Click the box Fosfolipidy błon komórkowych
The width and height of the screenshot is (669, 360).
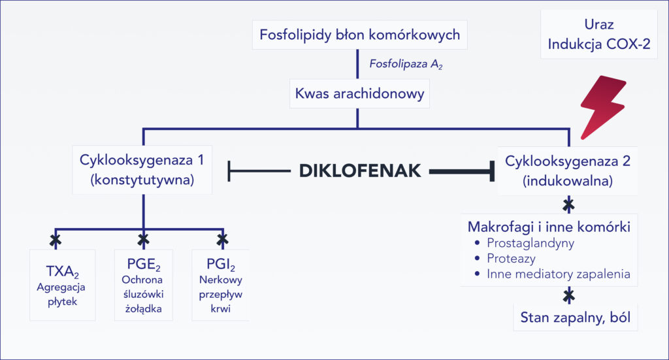pyautogui.click(x=359, y=35)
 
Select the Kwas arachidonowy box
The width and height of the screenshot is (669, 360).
pyautogui.click(x=359, y=94)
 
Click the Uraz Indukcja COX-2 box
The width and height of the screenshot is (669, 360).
pyautogui.click(x=599, y=35)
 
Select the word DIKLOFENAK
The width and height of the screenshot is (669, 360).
pyautogui.click(x=359, y=172)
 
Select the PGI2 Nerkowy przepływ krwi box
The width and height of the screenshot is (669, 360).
pyautogui.click(x=221, y=285)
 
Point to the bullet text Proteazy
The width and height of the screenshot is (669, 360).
pyautogui.click(x=511, y=259)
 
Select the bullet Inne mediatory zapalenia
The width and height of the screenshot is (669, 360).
pyautogui.click(x=558, y=274)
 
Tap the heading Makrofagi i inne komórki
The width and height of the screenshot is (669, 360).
pyautogui.click(x=549, y=227)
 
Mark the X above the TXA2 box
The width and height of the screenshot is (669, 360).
pyautogui.click(x=56, y=238)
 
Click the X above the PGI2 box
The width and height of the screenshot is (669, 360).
pyautogui.click(x=222, y=238)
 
